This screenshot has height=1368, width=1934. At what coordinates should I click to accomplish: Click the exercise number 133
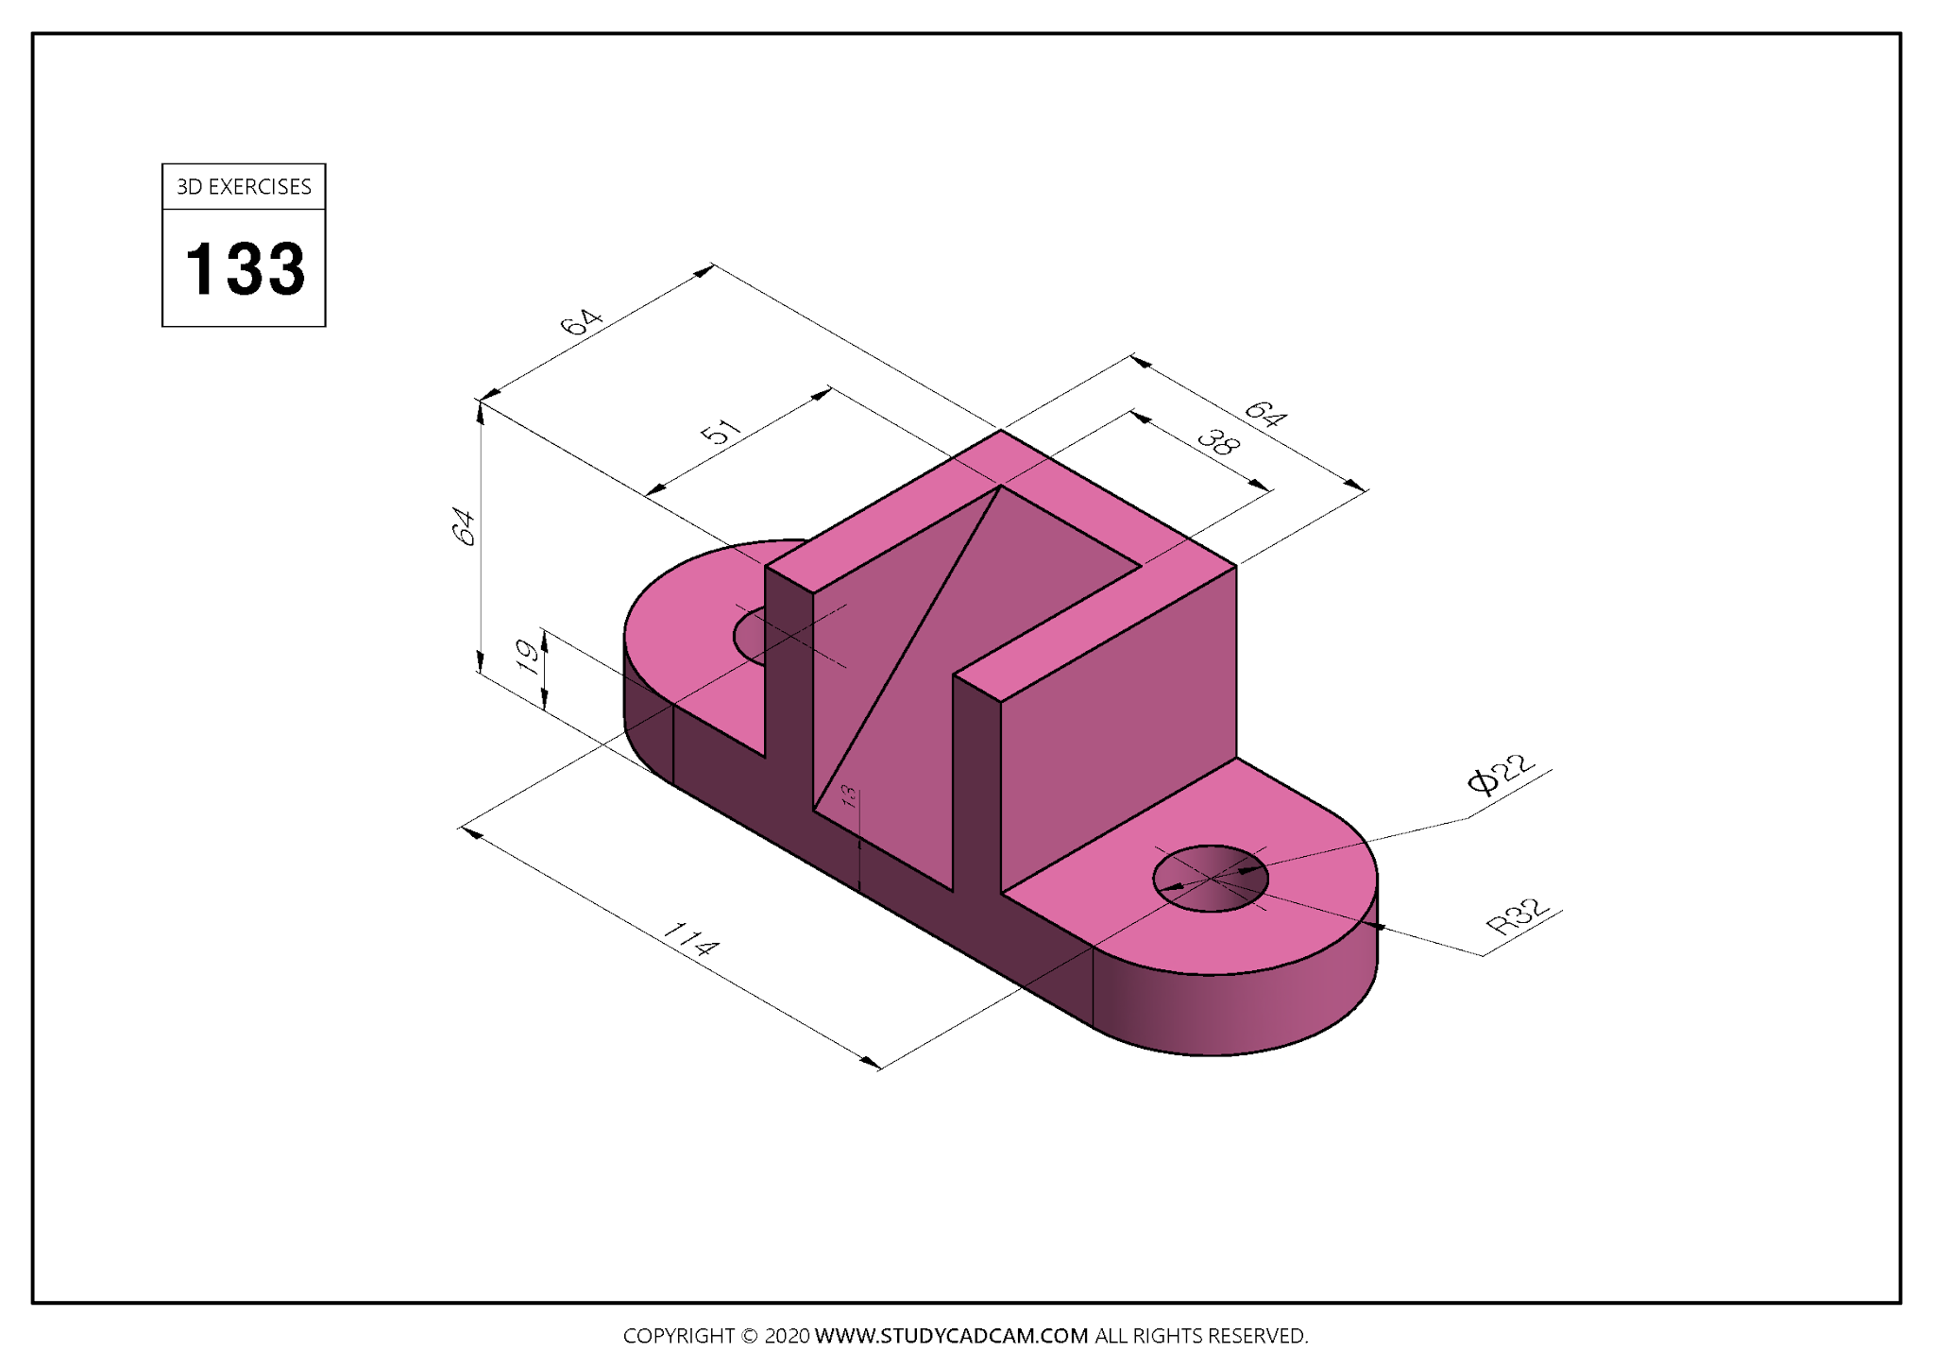click(x=245, y=268)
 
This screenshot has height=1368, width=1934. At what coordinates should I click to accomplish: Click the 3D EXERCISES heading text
click(x=244, y=187)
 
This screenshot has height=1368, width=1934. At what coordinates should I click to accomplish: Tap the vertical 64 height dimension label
click(x=464, y=526)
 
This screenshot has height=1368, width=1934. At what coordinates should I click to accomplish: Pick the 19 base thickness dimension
click(x=531, y=655)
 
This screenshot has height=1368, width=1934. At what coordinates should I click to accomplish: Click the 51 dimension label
click(x=721, y=432)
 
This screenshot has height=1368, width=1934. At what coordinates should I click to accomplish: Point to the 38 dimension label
click(x=1216, y=441)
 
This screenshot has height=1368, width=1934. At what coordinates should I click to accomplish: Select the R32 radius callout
click(x=1518, y=915)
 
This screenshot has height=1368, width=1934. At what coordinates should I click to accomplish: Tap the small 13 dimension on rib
click(x=849, y=796)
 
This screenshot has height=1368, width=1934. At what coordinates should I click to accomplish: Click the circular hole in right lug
click(x=1211, y=879)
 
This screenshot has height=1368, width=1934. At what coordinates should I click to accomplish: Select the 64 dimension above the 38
click(x=1264, y=413)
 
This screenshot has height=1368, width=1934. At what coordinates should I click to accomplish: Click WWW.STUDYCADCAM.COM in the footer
click(x=951, y=1336)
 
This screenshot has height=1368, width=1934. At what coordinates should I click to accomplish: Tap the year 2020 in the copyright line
click(x=786, y=1336)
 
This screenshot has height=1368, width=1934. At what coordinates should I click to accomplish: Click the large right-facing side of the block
click(x=1119, y=727)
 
